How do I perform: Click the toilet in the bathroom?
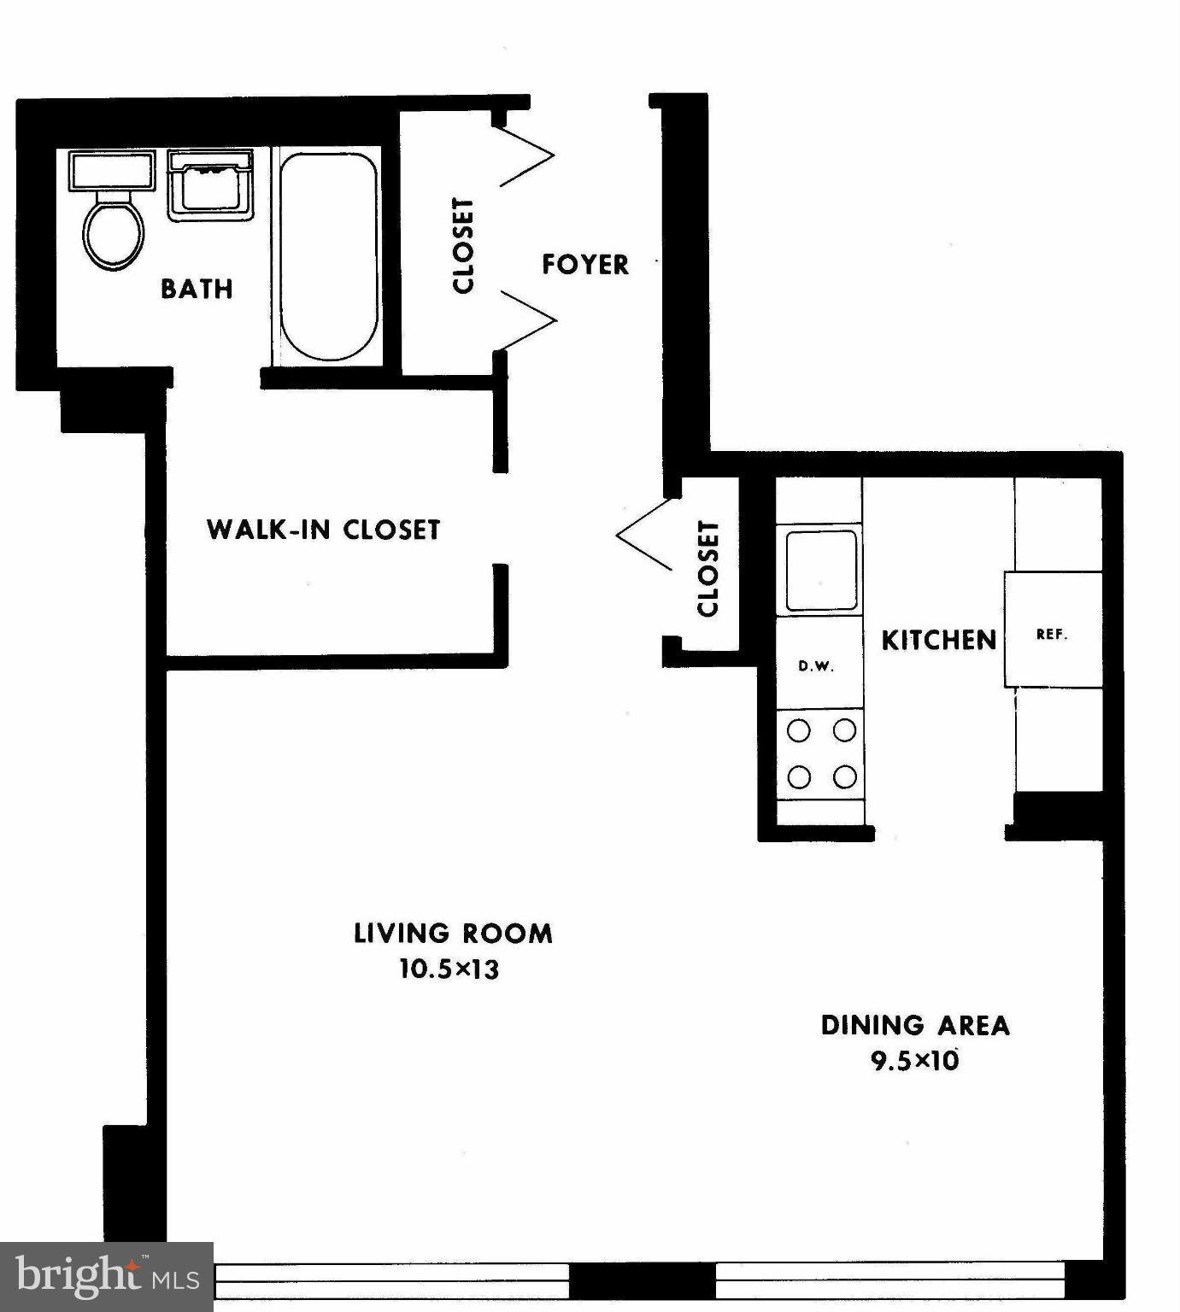coord(113,229)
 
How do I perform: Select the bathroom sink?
coord(209,185)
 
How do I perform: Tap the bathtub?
coord(328,256)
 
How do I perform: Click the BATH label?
coord(197,289)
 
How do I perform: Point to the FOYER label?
coord(585,265)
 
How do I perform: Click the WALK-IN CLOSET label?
coord(323,530)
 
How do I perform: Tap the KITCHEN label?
coord(938,640)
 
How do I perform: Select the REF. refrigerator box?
coord(1052,630)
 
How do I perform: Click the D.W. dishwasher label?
coord(816,666)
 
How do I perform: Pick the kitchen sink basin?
coord(821,570)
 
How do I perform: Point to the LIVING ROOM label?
coord(453,933)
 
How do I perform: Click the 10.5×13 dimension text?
coord(449,969)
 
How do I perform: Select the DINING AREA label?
coord(915,1025)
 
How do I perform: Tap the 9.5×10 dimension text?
coord(915,1061)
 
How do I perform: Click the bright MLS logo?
coord(107,1277)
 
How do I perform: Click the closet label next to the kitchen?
coord(708,569)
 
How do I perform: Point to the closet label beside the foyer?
coord(462,246)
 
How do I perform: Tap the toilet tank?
coord(112,170)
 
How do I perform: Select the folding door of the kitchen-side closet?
coord(645,535)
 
